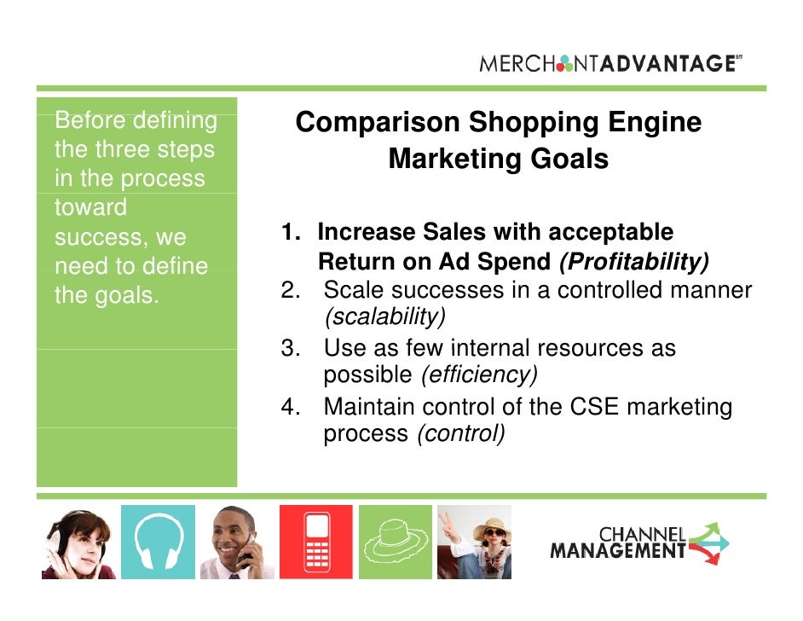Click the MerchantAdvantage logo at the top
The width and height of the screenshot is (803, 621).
[609, 63]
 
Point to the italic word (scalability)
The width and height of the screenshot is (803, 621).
[384, 317]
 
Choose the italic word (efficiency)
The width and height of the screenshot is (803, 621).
[477, 375]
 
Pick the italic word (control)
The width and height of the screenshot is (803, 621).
[460, 433]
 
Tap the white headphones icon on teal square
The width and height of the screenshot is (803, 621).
[158, 543]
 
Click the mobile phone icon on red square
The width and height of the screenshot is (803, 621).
[315, 543]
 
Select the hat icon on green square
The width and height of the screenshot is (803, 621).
[395, 543]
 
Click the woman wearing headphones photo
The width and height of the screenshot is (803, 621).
[77, 543]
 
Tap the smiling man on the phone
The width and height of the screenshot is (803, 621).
[237, 543]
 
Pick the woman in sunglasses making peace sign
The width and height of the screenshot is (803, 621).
[476, 543]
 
